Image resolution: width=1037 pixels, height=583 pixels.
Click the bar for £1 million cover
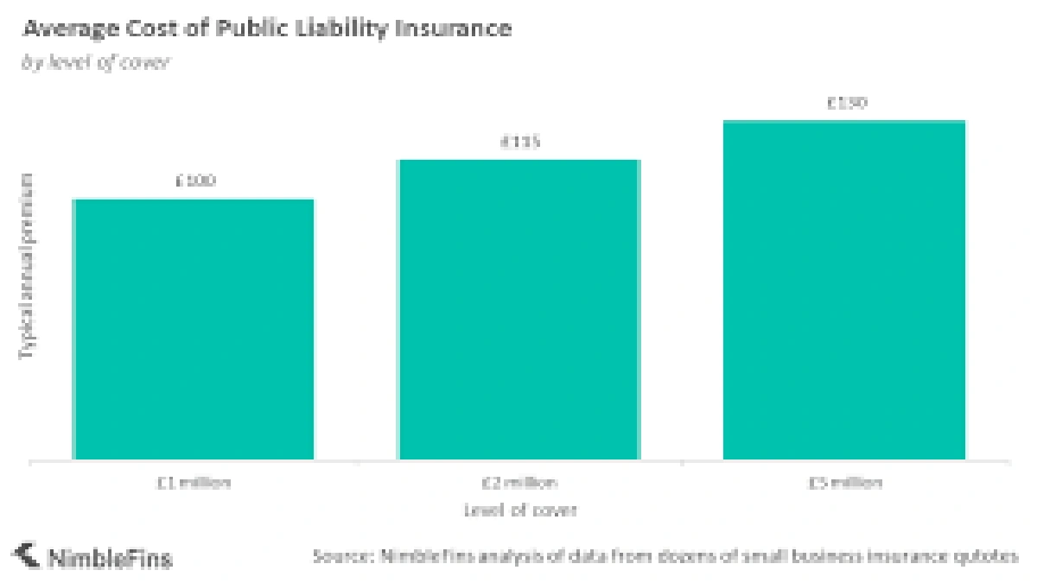[x=194, y=328]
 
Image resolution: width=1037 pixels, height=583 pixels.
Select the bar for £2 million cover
[x=518, y=309]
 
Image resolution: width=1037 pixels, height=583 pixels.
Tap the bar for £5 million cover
[x=843, y=289]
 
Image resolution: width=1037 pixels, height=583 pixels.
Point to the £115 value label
[x=519, y=143]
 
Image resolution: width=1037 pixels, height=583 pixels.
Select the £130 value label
[x=846, y=104]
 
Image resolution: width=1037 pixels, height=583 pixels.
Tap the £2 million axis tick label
[x=519, y=484]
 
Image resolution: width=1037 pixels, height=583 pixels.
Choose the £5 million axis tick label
[x=844, y=484]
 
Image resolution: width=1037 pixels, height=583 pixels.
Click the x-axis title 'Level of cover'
[x=519, y=510]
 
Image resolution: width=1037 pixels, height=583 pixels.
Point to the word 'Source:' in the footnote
[x=341, y=556]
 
